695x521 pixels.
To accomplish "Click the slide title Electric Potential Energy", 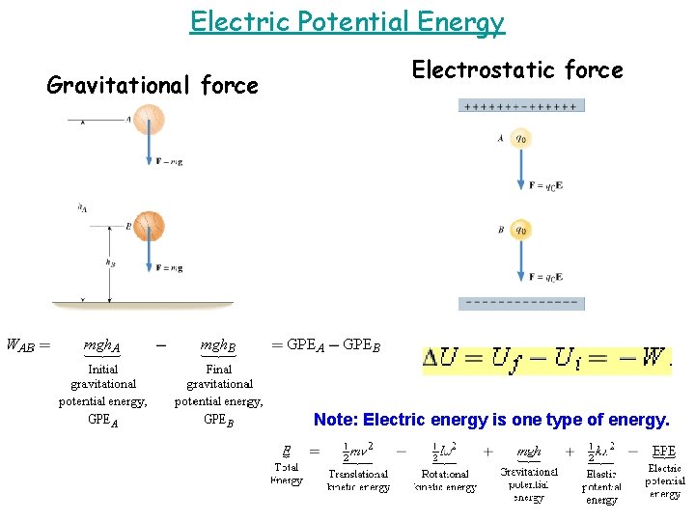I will pos(347,21).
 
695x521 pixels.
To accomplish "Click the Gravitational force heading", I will pos(153,86).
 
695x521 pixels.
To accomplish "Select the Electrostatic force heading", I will pos(517,69).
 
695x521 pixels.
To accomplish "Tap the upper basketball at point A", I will pos(149,120).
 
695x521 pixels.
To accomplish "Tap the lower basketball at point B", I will pos(149,226).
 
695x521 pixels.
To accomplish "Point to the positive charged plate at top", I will pos(521,105).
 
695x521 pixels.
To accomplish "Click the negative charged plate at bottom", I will pos(521,303).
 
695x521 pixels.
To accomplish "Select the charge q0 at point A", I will pos(521,138).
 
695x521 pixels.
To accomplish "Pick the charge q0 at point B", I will pos(521,231).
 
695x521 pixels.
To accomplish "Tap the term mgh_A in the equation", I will pos(101,344).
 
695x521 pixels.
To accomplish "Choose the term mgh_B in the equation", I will pos(217,344).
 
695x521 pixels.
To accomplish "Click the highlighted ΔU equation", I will pos(545,359).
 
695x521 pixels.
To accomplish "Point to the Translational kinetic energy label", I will pos(359,480).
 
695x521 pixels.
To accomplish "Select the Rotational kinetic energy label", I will pos(445,480).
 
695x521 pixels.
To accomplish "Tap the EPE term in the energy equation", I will pos(664,451).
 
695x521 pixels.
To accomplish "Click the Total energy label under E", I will pos(287,474).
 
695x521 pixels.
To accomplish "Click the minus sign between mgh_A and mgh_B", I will pos(159,343).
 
